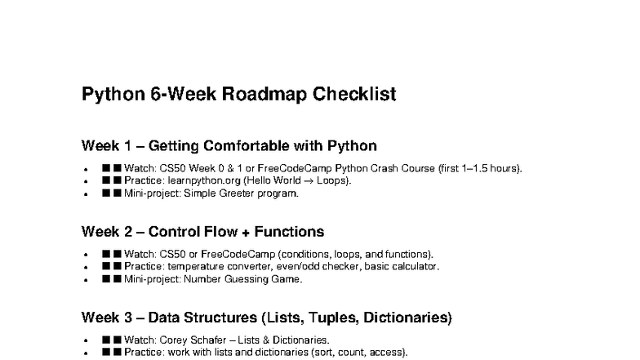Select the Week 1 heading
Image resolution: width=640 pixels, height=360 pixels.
click(x=229, y=146)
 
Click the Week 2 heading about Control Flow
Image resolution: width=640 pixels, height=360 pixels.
click(x=202, y=231)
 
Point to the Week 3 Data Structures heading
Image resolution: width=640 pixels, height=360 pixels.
click(x=266, y=316)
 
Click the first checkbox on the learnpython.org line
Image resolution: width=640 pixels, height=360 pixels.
click(x=106, y=181)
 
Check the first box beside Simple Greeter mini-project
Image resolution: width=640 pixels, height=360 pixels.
click(x=106, y=193)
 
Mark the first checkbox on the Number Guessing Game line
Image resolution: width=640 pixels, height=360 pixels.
click(x=106, y=278)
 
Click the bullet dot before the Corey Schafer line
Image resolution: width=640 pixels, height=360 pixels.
click(x=86, y=340)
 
